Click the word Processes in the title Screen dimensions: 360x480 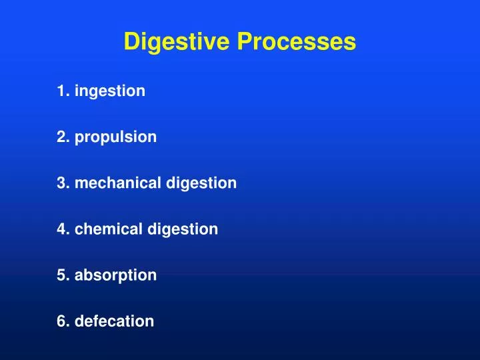(295, 43)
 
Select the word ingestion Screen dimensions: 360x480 (110, 91)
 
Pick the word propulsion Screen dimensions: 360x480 (116, 137)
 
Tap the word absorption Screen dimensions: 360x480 (116, 275)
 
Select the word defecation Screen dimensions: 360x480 (115, 321)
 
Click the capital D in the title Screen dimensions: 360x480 (131, 43)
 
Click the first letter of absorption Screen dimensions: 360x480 (79, 275)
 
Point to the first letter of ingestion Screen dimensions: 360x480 (77, 91)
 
